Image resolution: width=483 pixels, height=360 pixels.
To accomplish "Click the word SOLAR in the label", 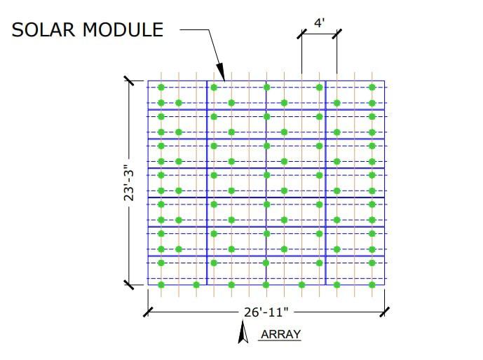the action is pyautogui.click(x=43, y=30).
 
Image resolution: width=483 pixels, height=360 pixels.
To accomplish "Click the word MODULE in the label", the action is pyautogui.click(x=123, y=30).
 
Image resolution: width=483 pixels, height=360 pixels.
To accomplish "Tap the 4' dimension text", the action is pyautogui.click(x=320, y=23).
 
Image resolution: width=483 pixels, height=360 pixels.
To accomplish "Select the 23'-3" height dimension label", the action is pyautogui.click(x=129, y=183).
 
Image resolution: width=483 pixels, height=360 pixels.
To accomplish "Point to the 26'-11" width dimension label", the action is pyautogui.click(x=266, y=312).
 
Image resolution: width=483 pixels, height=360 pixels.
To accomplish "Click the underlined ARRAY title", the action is pyautogui.click(x=280, y=334).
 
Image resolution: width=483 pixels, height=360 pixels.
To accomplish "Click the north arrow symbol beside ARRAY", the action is pyautogui.click(x=243, y=332).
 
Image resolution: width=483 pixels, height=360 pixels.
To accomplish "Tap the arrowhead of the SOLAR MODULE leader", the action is pyautogui.click(x=221, y=72).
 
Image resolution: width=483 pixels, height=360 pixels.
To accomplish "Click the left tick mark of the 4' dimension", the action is pyautogui.click(x=302, y=34).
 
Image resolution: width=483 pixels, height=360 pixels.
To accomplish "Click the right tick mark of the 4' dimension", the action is pyautogui.click(x=337, y=34).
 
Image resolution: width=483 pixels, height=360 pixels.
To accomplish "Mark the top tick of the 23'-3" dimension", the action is pyautogui.click(x=129, y=81).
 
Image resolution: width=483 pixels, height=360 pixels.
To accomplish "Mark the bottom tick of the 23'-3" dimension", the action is pyautogui.click(x=129, y=285).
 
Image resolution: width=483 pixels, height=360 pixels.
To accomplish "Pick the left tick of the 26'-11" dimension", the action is pyautogui.click(x=148, y=312).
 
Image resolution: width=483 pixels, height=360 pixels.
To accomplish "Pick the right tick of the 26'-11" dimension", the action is pyautogui.click(x=384, y=312).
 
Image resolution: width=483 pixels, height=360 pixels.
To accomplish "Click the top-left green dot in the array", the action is pyautogui.click(x=161, y=88).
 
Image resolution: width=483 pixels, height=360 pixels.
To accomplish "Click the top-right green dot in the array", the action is pyautogui.click(x=372, y=88).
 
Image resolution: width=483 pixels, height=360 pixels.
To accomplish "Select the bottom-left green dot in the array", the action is pyautogui.click(x=161, y=285).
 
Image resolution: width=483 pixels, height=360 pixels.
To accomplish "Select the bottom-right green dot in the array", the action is pyautogui.click(x=372, y=285).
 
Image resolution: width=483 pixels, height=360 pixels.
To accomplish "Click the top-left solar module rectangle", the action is pyautogui.click(x=177, y=95).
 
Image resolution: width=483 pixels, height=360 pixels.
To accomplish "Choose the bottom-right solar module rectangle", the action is pyautogui.click(x=355, y=270).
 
